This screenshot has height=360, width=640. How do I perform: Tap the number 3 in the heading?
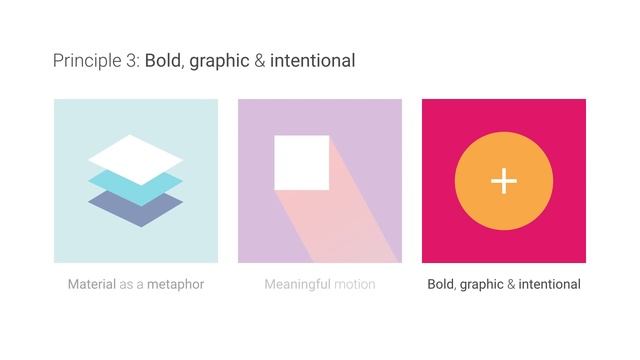pos(132,61)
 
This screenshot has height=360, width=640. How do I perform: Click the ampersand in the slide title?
pos(260,61)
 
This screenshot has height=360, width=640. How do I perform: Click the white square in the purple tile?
pos(302,162)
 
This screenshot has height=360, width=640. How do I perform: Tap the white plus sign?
pos(504,181)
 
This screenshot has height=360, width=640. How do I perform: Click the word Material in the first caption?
pos(91,284)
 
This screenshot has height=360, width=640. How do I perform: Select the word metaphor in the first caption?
pos(175,284)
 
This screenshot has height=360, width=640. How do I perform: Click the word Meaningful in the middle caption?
pos(297,284)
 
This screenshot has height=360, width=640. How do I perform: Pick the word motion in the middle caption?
pos(355,284)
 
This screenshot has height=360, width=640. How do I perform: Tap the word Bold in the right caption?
pos(440,284)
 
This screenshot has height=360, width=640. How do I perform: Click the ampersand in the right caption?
pos(511,284)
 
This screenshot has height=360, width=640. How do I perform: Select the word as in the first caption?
pos(127,284)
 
